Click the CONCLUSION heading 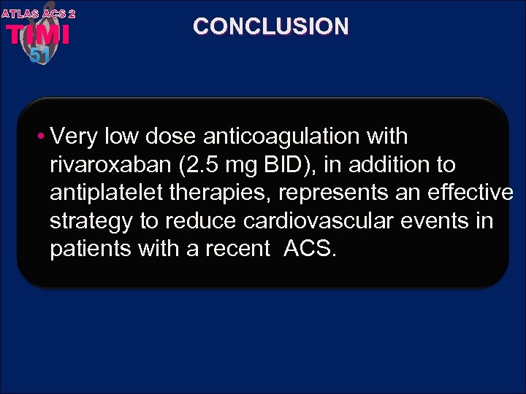[x=271, y=27]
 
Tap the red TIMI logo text [x=38, y=35]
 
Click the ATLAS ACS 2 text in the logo [x=38, y=13]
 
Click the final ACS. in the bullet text [x=310, y=249]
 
